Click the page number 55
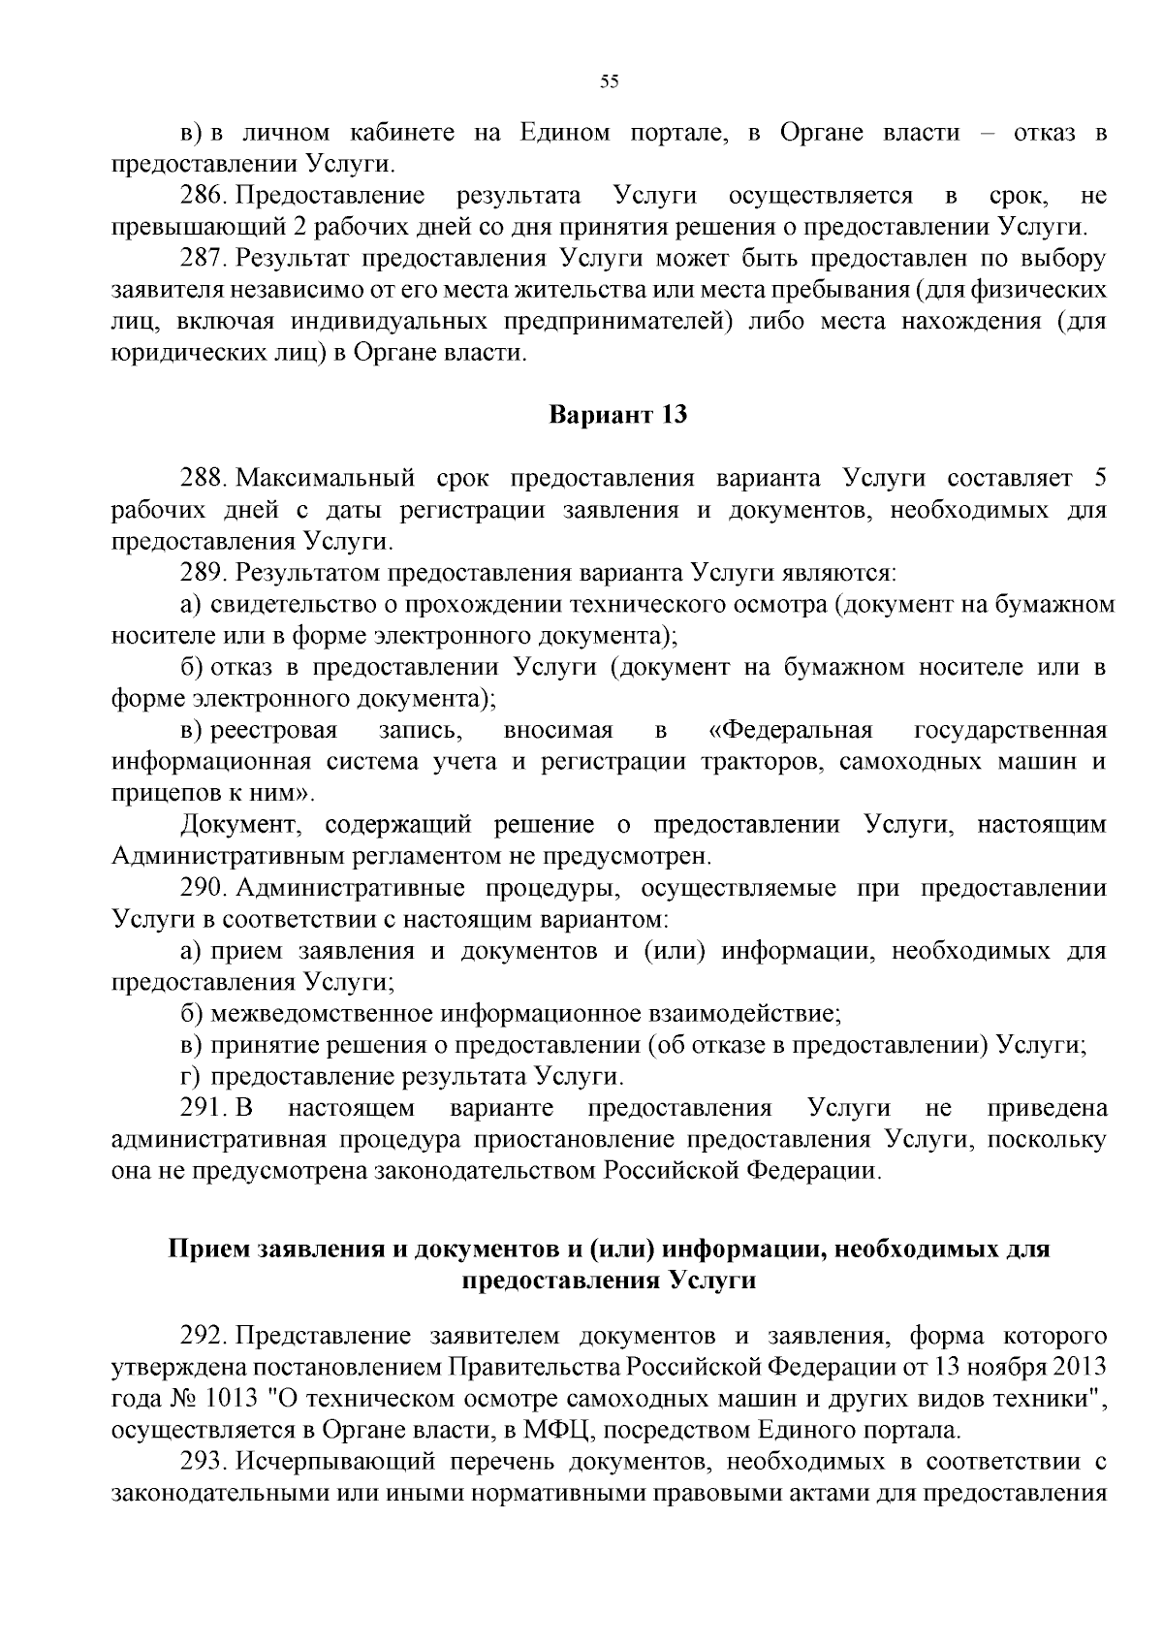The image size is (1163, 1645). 609,81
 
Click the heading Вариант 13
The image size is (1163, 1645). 618,415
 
